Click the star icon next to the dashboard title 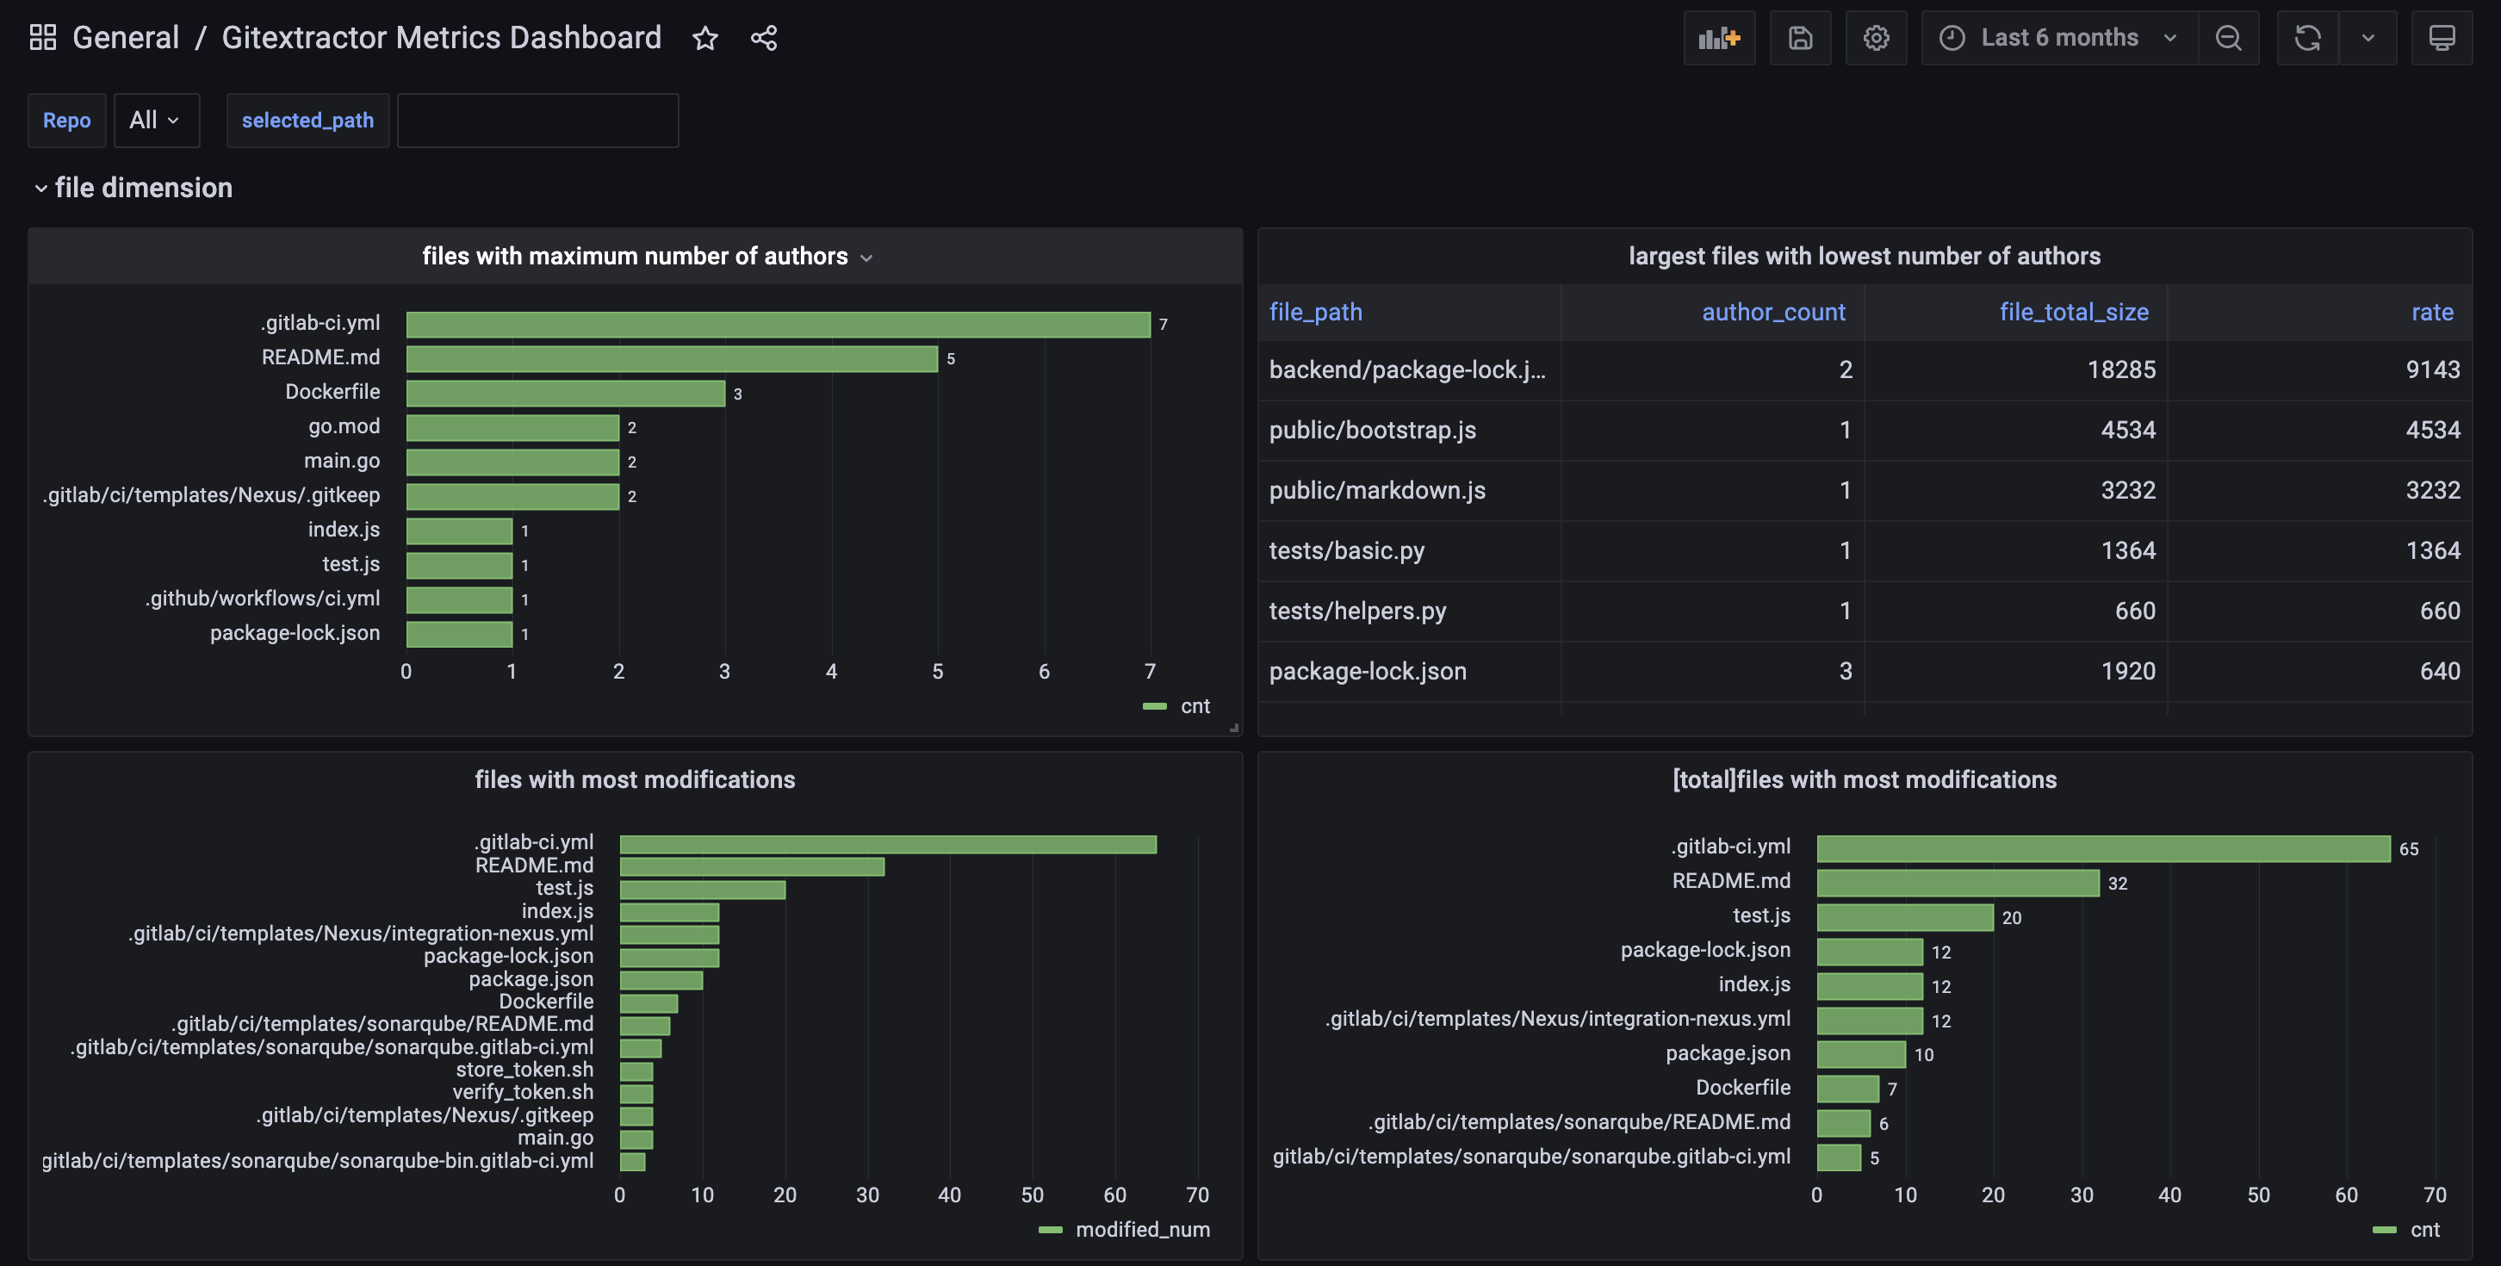tap(704, 38)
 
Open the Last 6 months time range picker tap(2058, 38)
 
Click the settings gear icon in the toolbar tap(1876, 38)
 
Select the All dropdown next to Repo tap(155, 121)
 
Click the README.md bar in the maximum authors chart tap(671, 358)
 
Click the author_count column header tap(1773, 312)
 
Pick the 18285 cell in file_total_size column tap(2120, 370)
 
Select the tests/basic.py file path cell tap(1347, 550)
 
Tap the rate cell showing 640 tap(2439, 671)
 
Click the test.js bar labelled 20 tap(1904, 916)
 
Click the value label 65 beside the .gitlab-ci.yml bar tap(2408, 848)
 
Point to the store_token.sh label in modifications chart tap(524, 1069)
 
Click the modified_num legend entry tap(1142, 1229)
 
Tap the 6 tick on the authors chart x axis tap(1044, 671)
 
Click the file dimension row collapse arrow tap(40, 189)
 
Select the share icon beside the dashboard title tap(764, 38)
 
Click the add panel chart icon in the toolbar tap(1718, 38)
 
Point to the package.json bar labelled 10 tap(1860, 1054)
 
